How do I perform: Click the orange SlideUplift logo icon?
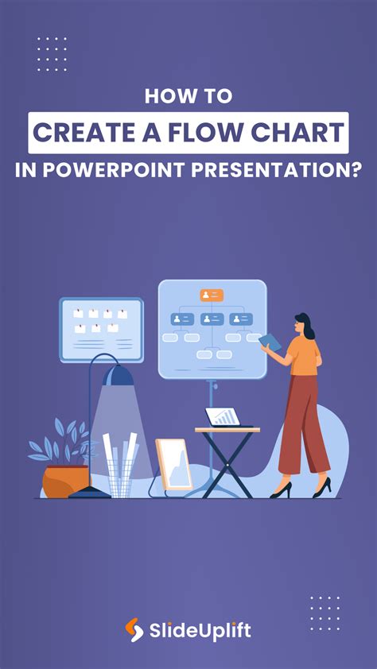pyautogui.click(x=134, y=630)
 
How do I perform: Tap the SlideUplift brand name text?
pyautogui.click(x=200, y=631)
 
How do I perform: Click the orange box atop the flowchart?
pyautogui.click(x=212, y=296)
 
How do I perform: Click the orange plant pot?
pyautogui.click(x=65, y=480)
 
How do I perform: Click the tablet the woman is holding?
pyautogui.click(x=270, y=342)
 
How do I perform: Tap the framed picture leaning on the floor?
pyautogui.click(x=173, y=465)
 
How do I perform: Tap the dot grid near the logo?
pyautogui.click(x=325, y=612)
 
